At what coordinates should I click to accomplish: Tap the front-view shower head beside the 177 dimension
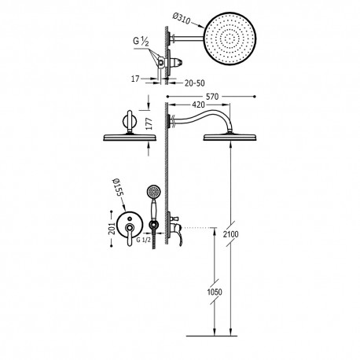(x=130, y=137)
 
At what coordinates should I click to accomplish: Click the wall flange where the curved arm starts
(x=170, y=121)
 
